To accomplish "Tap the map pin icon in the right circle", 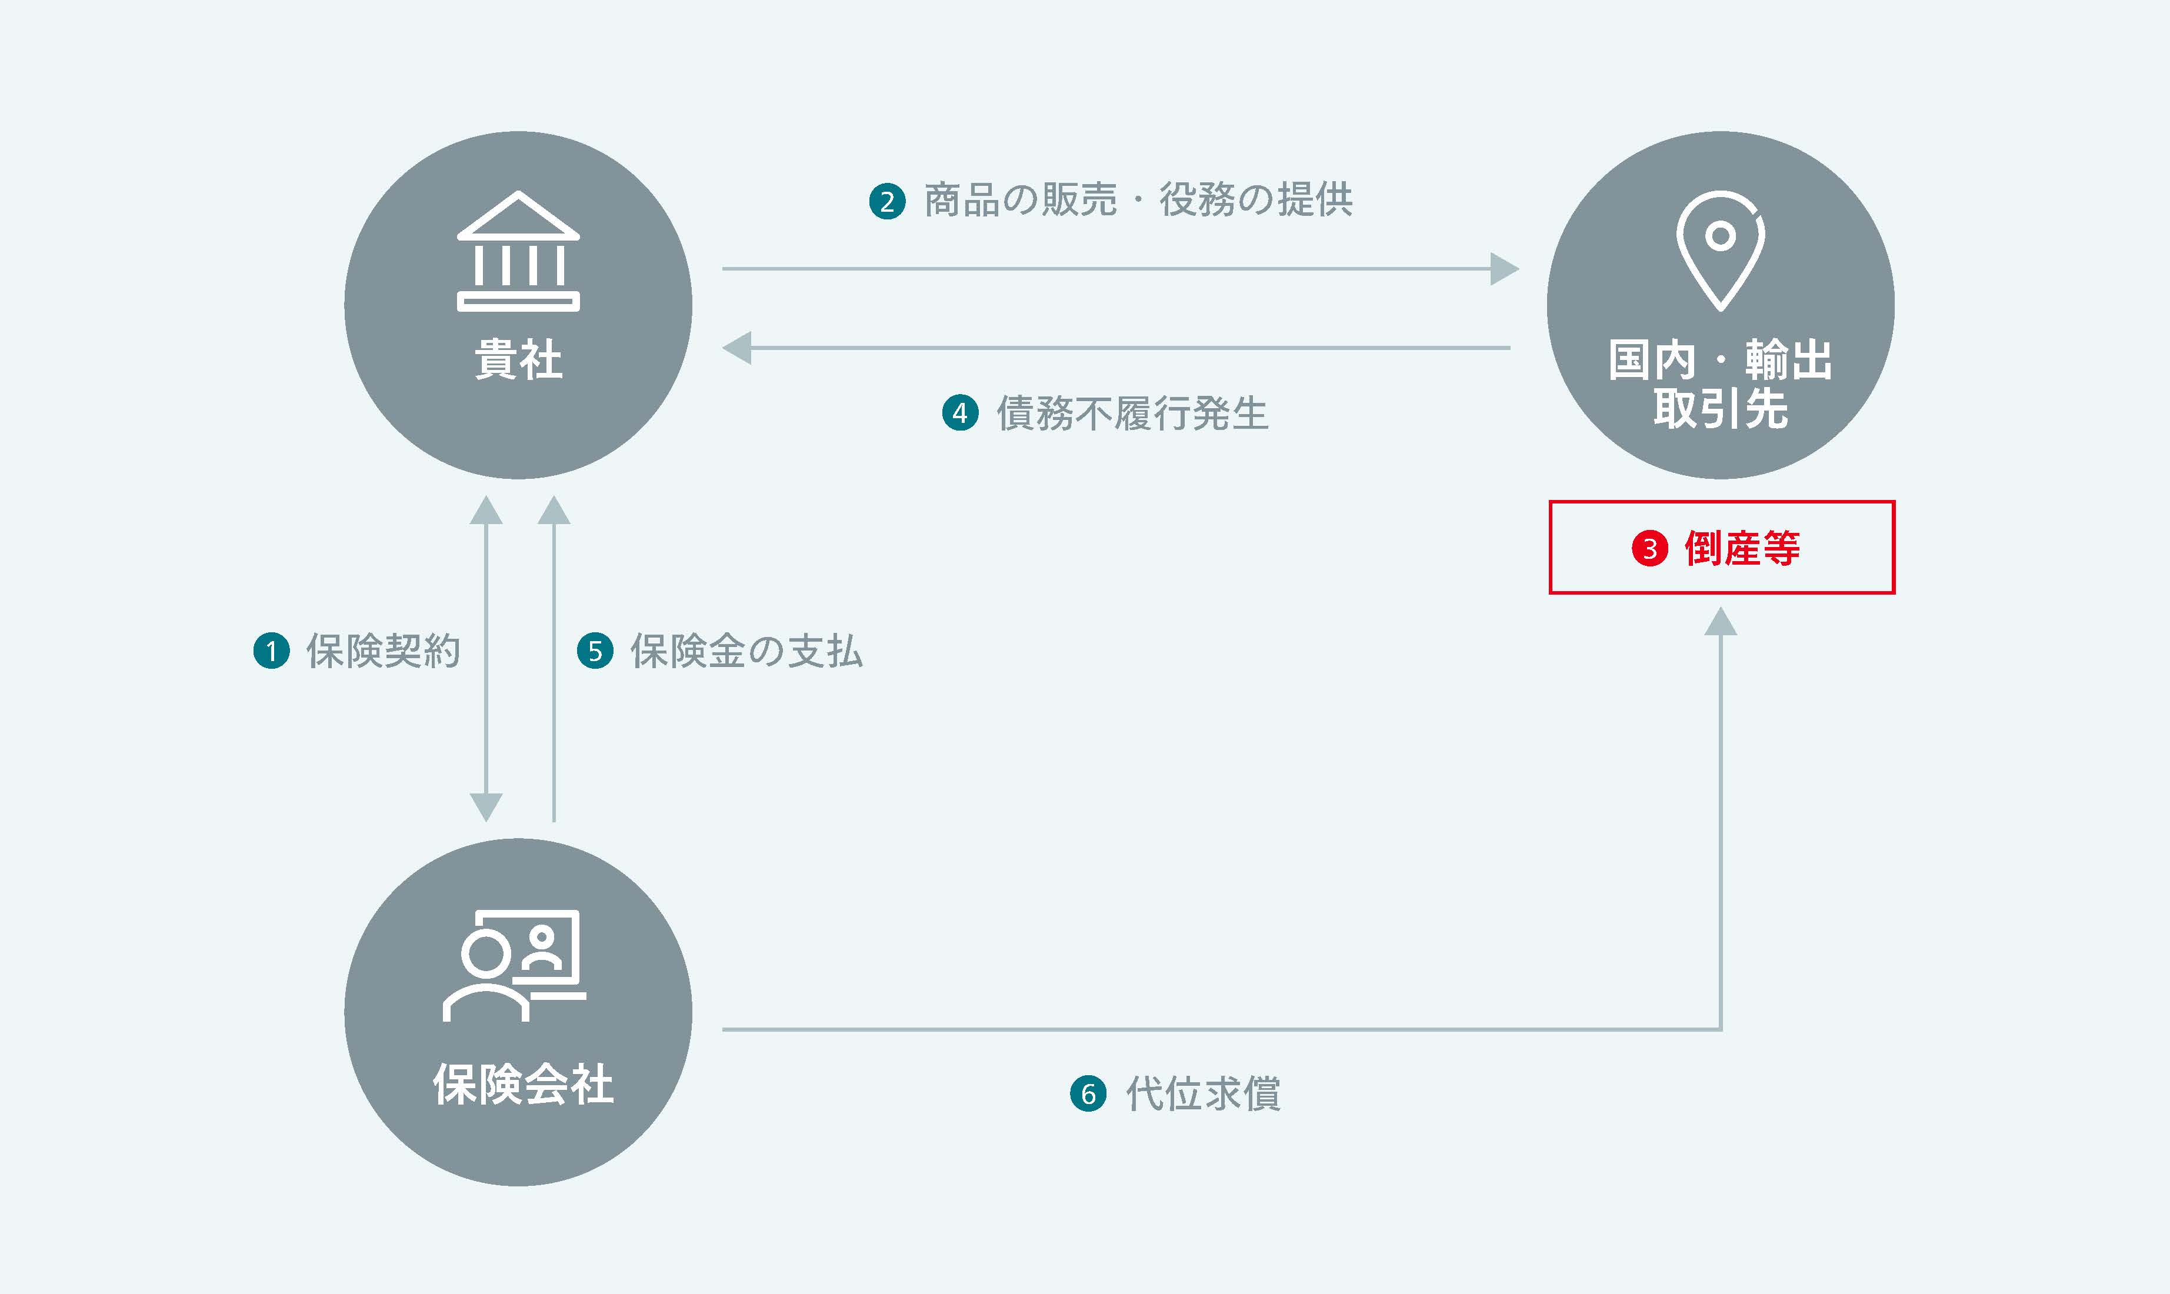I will tap(1720, 249).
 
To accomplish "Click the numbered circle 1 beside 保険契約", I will tap(271, 651).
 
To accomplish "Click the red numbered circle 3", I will tap(1649, 548).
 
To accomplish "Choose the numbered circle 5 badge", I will tap(595, 651).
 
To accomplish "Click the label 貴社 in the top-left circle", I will tap(518, 359).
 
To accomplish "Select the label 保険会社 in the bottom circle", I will tap(522, 1084).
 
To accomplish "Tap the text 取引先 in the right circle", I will tap(1720, 408).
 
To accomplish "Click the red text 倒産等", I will tap(1742, 548).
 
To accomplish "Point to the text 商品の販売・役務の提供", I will tap(1138, 199).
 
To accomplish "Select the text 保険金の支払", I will tap(746, 651).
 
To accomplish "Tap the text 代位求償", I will tap(1203, 1093).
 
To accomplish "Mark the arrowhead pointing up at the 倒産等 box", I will tap(1720, 622).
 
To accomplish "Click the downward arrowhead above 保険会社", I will tap(486, 806).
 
